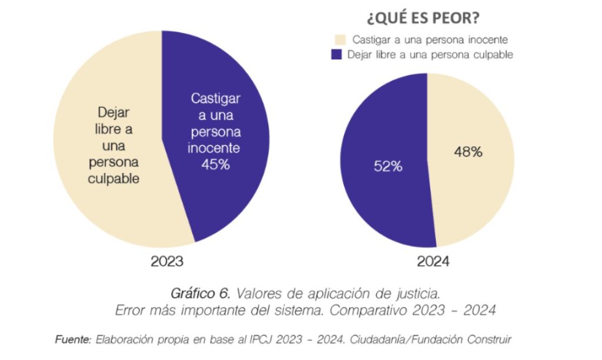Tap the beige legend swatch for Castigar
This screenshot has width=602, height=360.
tap(338, 40)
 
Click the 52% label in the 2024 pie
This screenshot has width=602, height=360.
tap(388, 166)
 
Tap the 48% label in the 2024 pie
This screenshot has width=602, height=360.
tap(468, 152)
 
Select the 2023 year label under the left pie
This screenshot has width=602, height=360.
tap(167, 261)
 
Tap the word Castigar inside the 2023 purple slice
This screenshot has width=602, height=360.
tap(216, 98)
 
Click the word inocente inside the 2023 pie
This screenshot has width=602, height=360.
tap(215, 148)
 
